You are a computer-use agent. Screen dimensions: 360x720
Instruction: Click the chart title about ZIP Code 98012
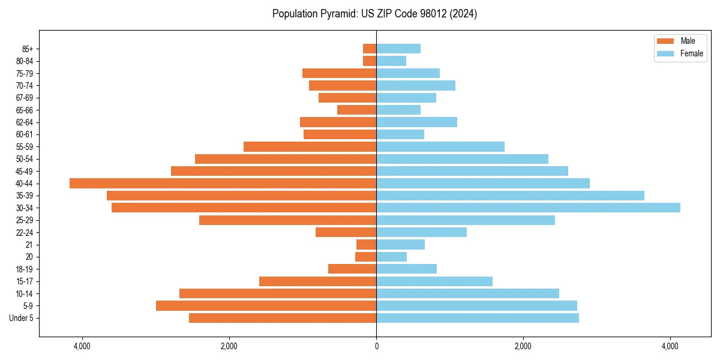pyautogui.click(x=374, y=14)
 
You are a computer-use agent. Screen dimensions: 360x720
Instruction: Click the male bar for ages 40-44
pyautogui.click(x=223, y=184)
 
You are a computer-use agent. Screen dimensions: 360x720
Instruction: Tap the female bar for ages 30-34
pyautogui.click(x=528, y=208)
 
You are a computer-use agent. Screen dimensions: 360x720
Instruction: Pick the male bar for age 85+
pyautogui.click(x=370, y=49)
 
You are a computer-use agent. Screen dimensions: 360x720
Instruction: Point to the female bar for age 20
pyautogui.click(x=391, y=257)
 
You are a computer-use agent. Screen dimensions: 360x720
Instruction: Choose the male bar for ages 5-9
pyautogui.click(x=266, y=306)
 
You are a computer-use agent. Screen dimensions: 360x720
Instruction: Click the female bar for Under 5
pyautogui.click(x=478, y=318)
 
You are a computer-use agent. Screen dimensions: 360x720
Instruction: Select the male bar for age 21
pyautogui.click(x=366, y=245)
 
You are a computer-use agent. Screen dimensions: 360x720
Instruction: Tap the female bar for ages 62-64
pyautogui.click(x=416, y=122)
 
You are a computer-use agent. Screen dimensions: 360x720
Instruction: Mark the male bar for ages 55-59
pyautogui.click(x=310, y=147)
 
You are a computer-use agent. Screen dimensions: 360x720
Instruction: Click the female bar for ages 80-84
pyautogui.click(x=391, y=61)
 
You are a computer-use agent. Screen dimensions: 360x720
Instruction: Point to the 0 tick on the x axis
pyautogui.click(x=376, y=346)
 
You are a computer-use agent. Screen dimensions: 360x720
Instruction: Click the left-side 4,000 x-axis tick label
pyautogui.click(x=82, y=346)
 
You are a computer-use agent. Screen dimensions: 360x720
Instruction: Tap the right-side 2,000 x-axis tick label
pyautogui.click(x=523, y=346)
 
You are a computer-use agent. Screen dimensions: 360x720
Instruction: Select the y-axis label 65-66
pyautogui.click(x=25, y=110)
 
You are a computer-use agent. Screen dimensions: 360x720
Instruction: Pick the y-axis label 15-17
pyautogui.click(x=25, y=281)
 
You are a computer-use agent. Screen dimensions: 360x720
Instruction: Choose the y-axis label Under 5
pyautogui.click(x=22, y=318)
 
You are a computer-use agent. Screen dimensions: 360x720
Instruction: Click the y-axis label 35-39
pyautogui.click(x=25, y=196)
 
